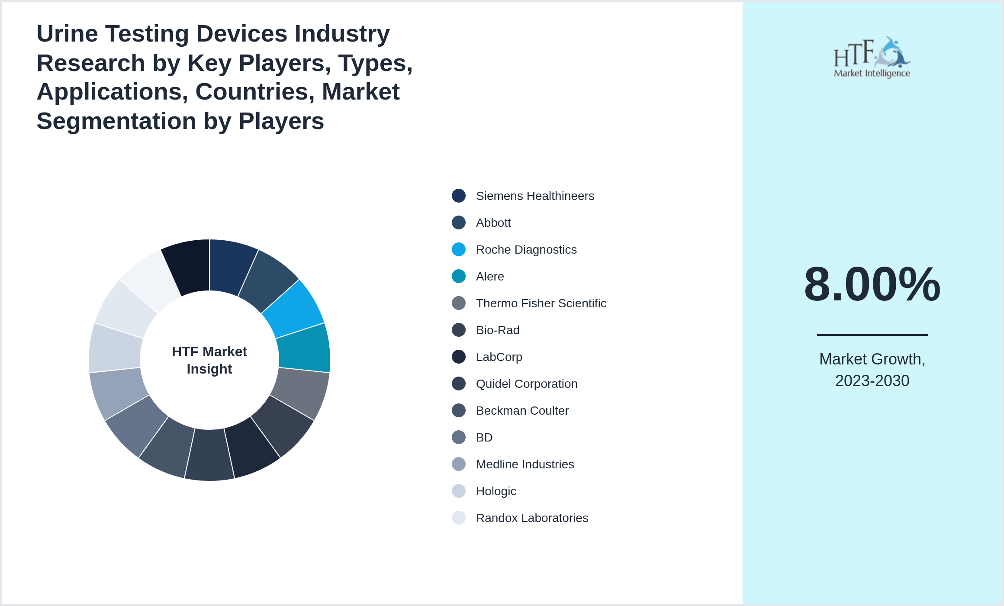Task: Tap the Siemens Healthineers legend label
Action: (x=535, y=196)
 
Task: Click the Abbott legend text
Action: (x=493, y=223)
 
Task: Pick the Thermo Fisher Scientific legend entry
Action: (x=541, y=303)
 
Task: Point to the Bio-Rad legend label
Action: (x=498, y=330)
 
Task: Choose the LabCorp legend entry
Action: (x=499, y=357)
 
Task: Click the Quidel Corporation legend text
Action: (x=527, y=384)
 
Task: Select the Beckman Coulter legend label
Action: (x=522, y=411)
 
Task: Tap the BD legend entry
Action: (x=484, y=438)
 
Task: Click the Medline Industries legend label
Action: (x=525, y=464)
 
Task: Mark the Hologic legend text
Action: (x=496, y=491)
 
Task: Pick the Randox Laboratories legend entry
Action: (x=532, y=518)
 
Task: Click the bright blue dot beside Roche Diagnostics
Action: (x=459, y=250)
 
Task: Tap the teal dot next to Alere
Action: (x=459, y=277)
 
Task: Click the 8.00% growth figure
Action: (x=872, y=284)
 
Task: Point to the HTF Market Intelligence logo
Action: (x=872, y=58)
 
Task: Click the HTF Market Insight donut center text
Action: (x=209, y=360)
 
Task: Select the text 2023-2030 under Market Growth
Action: (x=872, y=381)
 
